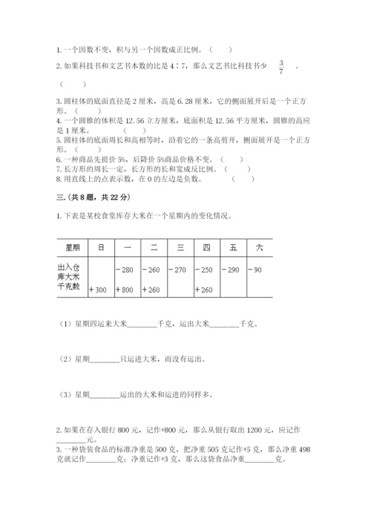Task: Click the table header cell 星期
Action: click(72, 246)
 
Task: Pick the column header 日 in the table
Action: click(100, 246)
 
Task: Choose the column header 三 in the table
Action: click(180, 246)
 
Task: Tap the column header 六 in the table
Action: click(259, 246)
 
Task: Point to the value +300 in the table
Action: click(98, 289)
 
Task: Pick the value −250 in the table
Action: click(205, 270)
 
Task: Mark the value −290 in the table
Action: click(232, 270)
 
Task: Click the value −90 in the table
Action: click(256, 270)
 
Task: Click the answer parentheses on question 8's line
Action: click(242, 178)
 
